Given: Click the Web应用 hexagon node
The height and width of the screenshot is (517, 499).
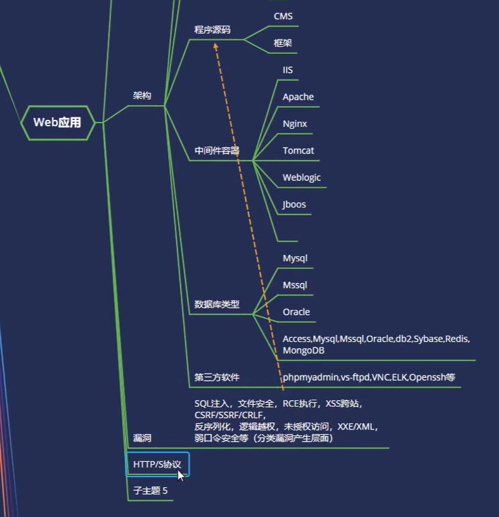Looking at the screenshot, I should click(57, 122).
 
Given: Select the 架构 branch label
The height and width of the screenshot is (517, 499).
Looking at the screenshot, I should click(142, 96).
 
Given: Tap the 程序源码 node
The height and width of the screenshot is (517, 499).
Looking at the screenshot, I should click(212, 30).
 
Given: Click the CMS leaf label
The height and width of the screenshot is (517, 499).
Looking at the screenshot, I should click(283, 16).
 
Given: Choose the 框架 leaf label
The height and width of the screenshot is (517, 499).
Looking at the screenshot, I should click(282, 43).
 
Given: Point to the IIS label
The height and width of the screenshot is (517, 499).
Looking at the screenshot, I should click(288, 70).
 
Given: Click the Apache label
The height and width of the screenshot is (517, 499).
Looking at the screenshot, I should click(298, 97).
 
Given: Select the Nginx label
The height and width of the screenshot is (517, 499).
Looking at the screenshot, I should click(295, 124).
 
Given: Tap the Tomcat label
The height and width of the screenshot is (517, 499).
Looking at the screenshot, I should click(298, 151).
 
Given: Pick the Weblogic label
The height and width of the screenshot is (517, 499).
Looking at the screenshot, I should click(302, 178).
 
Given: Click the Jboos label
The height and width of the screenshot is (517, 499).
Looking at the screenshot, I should click(294, 204).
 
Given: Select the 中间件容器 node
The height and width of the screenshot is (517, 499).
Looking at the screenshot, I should click(217, 151).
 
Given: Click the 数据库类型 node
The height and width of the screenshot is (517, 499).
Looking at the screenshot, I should click(217, 304).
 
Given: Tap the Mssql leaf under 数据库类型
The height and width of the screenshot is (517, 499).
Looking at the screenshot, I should click(295, 285).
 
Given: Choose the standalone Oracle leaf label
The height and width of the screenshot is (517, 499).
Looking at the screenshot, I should click(296, 312).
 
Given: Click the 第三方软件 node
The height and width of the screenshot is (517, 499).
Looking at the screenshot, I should click(217, 377).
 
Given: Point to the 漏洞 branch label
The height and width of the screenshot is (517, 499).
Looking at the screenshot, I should click(142, 438).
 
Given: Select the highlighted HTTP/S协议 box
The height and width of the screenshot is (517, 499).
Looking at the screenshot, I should click(157, 464).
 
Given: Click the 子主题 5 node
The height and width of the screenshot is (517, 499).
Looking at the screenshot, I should click(150, 491).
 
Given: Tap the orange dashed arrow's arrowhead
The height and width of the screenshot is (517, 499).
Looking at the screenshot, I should click(216, 46).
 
